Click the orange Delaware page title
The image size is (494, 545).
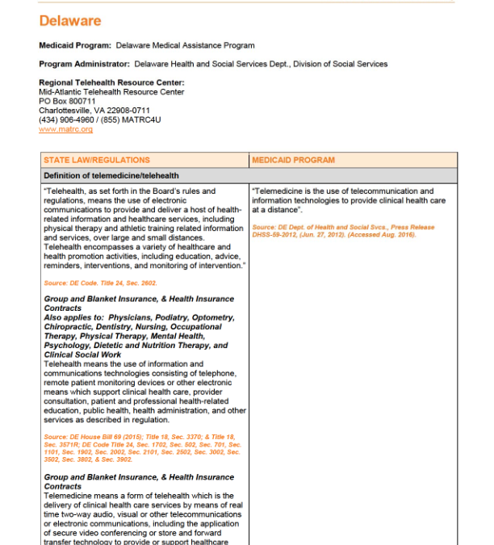coord(70,20)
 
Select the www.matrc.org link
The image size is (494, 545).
coord(65,129)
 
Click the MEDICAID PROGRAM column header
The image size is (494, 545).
coord(293,160)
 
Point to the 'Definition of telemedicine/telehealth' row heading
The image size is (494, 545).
coord(111,175)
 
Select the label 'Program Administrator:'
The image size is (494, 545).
coord(84,64)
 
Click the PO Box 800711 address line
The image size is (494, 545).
coord(67,102)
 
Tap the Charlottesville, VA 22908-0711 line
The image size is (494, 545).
coord(94,111)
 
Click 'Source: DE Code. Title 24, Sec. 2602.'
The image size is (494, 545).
coord(100,283)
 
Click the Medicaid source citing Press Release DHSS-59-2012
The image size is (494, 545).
coord(342,231)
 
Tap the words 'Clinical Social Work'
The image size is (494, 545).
coord(82,354)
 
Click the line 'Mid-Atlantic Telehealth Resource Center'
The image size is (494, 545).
coord(111,92)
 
